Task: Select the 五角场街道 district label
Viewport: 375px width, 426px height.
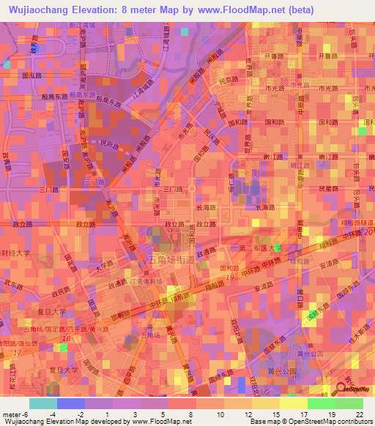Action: [173, 259]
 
